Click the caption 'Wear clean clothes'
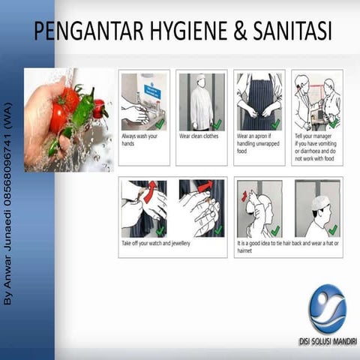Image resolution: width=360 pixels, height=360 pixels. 199,136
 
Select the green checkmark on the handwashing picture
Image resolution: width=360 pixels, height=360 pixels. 159,122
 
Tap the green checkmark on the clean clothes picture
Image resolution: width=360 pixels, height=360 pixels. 217,124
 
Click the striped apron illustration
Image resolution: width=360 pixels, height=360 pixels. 258,101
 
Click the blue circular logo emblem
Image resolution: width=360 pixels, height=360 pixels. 328,308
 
